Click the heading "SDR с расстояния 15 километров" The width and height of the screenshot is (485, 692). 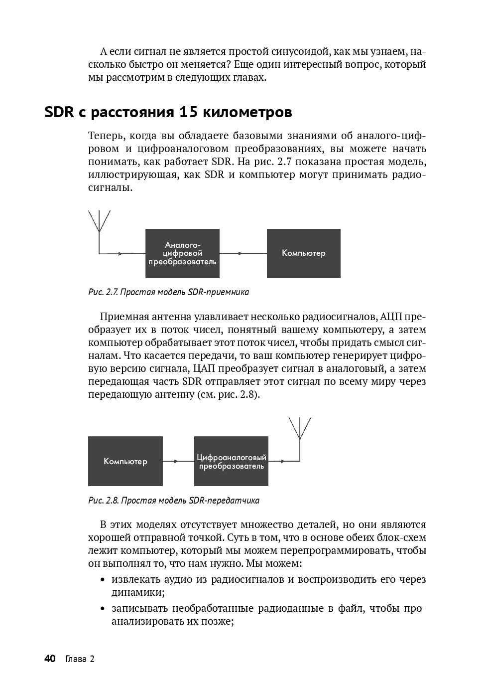[x=168, y=112]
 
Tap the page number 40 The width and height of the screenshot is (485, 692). [x=50, y=659]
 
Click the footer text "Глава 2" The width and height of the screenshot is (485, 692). [x=80, y=659]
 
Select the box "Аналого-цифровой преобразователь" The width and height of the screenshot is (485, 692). [x=182, y=253]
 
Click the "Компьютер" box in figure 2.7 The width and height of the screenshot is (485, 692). [x=303, y=253]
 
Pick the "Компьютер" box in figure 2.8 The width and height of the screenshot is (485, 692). [x=125, y=461]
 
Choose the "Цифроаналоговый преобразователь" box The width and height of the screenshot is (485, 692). [x=231, y=461]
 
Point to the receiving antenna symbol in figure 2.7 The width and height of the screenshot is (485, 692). [x=100, y=222]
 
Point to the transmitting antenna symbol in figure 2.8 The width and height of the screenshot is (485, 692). [x=300, y=429]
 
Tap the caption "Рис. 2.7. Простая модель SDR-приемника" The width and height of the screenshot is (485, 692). [x=168, y=292]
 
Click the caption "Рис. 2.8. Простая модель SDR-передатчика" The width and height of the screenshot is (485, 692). [x=174, y=500]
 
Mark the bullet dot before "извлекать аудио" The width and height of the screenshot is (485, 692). [x=103, y=580]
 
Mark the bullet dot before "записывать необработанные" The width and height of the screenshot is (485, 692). [x=103, y=609]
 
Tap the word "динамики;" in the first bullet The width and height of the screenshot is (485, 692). [x=138, y=592]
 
